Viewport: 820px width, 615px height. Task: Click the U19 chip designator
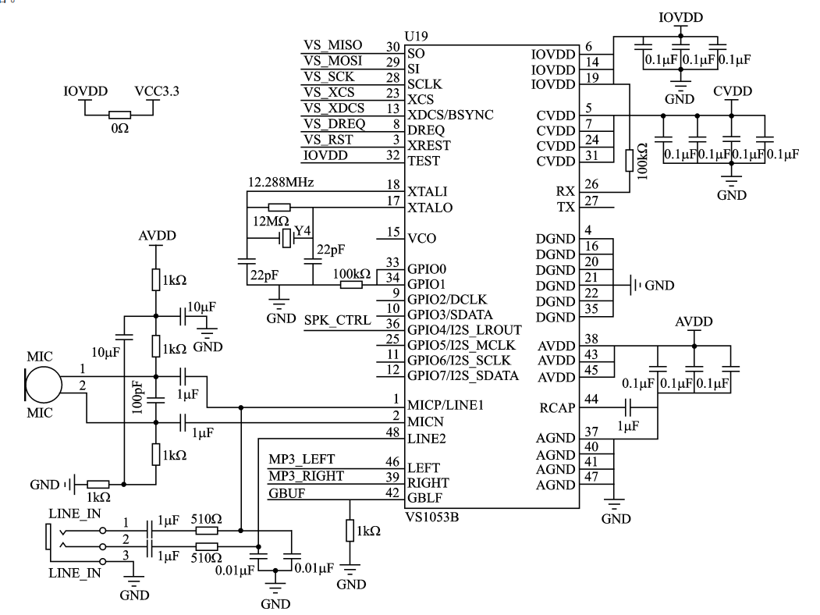pos(417,37)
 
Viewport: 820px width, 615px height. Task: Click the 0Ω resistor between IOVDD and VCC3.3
pos(119,113)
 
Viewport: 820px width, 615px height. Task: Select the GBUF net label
pos(286,492)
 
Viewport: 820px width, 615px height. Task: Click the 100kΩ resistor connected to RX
pos(629,160)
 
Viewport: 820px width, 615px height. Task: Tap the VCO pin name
pos(422,238)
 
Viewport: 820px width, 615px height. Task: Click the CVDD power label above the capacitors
pos(733,92)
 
